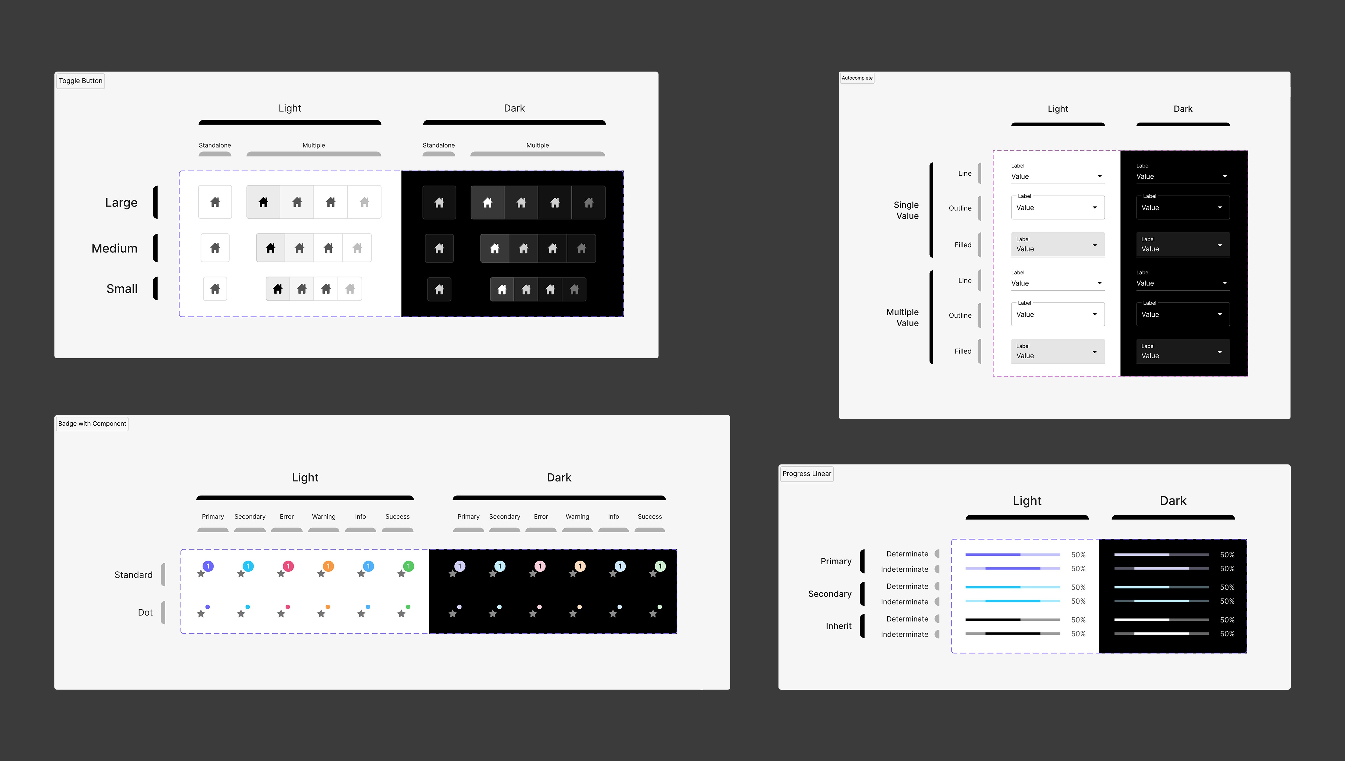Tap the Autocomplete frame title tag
tap(857, 78)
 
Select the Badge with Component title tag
tap(92, 423)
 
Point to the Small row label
tap(122, 289)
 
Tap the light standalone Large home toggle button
tap(215, 202)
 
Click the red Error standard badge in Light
tap(288, 566)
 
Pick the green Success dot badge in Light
tap(408, 607)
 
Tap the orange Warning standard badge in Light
tap(328, 566)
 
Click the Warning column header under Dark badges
tap(577, 516)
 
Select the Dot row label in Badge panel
tap(145, 613)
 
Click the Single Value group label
tap(907, 210)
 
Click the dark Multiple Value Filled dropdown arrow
tap(1220, 352)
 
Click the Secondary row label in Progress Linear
tap(830, 594)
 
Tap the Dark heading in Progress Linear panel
tap(1173, 501)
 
